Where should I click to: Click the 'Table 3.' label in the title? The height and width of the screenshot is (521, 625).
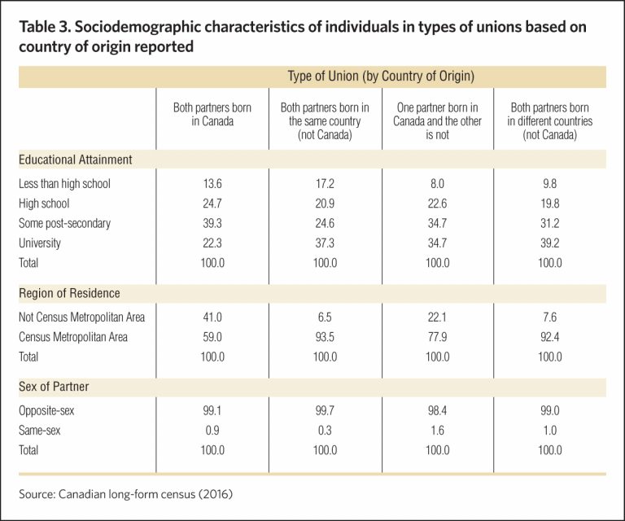[x=44, y=27]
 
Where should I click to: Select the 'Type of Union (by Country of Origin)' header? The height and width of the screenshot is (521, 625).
[x=381, y=76]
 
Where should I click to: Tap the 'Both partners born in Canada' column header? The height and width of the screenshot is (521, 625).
[x=212, y=114]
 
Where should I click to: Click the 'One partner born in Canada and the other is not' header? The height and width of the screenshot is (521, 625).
[x=437, y=120]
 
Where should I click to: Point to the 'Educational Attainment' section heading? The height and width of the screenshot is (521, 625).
[x=76, y=160]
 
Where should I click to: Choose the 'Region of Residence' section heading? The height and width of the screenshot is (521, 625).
[x=69, y=293]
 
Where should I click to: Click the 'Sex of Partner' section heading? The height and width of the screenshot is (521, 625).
[x=54, y=386]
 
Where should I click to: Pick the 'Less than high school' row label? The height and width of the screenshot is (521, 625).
[x=64, y=183]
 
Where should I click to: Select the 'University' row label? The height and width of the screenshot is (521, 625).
[x=40, y=243]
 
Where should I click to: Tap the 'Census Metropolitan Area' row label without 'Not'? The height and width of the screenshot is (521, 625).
[x=73, y=337]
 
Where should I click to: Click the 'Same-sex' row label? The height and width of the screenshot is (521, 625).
[x=39, y=430]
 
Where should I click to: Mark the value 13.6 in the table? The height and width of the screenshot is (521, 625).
[x=212, y=183]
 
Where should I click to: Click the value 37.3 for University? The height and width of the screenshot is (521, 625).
[x=325, y=243]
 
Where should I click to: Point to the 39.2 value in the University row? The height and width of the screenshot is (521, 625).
[x=549, y=243]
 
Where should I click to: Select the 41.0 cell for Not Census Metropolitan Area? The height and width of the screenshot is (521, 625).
[x=212, y=317]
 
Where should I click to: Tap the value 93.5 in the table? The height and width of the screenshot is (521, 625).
[x=325, y=337]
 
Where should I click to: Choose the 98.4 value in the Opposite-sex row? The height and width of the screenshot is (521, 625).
[x=437, y=410]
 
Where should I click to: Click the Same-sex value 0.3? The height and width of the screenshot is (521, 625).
[x=325, y=430]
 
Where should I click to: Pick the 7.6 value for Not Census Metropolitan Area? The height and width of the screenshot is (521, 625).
[x=549, y=317]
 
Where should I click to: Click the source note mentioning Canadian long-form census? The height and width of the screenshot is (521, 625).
[x=125, y=494]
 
